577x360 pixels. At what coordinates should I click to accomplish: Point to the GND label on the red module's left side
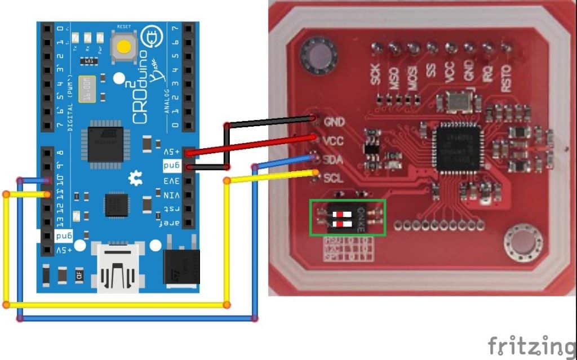pos(335,121)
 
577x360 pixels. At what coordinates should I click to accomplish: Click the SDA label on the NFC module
pos(334,160)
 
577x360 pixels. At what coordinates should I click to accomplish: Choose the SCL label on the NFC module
pos(333,179)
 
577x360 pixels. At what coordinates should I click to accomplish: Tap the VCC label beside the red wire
pos(334,139)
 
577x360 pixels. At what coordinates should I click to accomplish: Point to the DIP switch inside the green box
pos(348,217)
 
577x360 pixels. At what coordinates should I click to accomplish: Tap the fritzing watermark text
pos(531,345)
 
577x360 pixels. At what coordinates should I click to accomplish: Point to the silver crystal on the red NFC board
pos(454,102)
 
